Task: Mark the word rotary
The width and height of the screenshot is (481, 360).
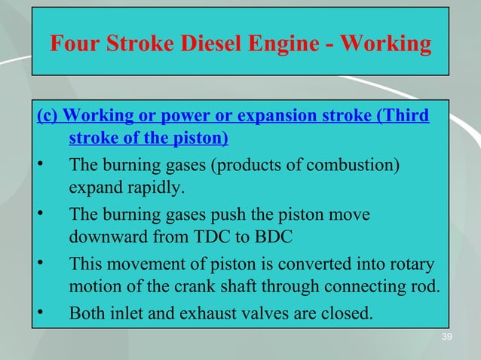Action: coord(412,264)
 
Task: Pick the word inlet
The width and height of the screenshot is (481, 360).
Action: coord(123,313)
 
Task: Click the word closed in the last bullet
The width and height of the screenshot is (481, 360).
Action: coord(347,313)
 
